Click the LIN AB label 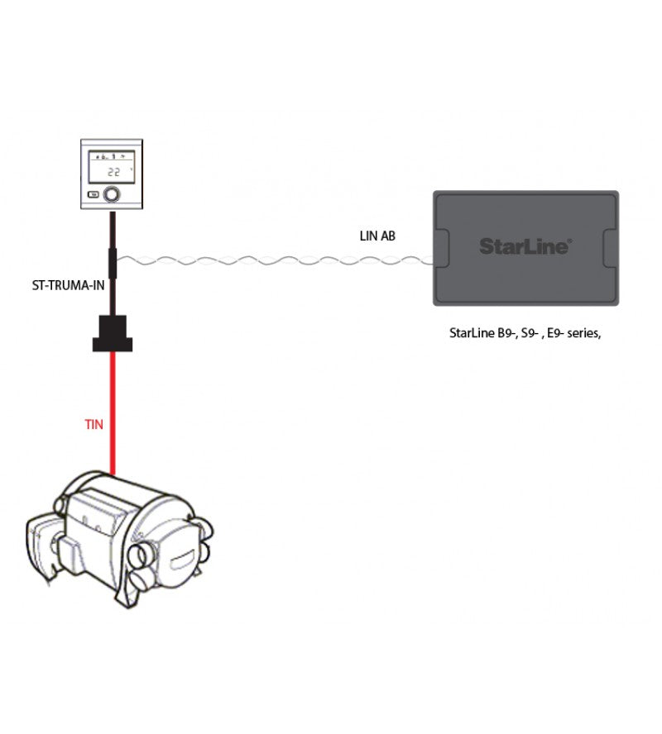click(377, 236)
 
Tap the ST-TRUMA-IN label click(68, 285)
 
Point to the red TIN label click(94, 425)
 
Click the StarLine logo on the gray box click(525, 246)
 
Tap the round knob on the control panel click(112, 193)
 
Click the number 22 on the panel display click(114, 172)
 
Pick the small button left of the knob click(94, 194)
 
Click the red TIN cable click(113, 413)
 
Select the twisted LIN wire click(275, 260)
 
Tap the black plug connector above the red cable click(113, 333)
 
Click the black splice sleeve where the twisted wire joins click(113, 264)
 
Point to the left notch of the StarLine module click(442, 248)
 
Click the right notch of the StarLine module click(610, 248)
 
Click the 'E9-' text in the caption click(555, 333)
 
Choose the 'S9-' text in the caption click(530, 333)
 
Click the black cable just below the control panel click(113, 230)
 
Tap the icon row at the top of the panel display click(112, 156)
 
